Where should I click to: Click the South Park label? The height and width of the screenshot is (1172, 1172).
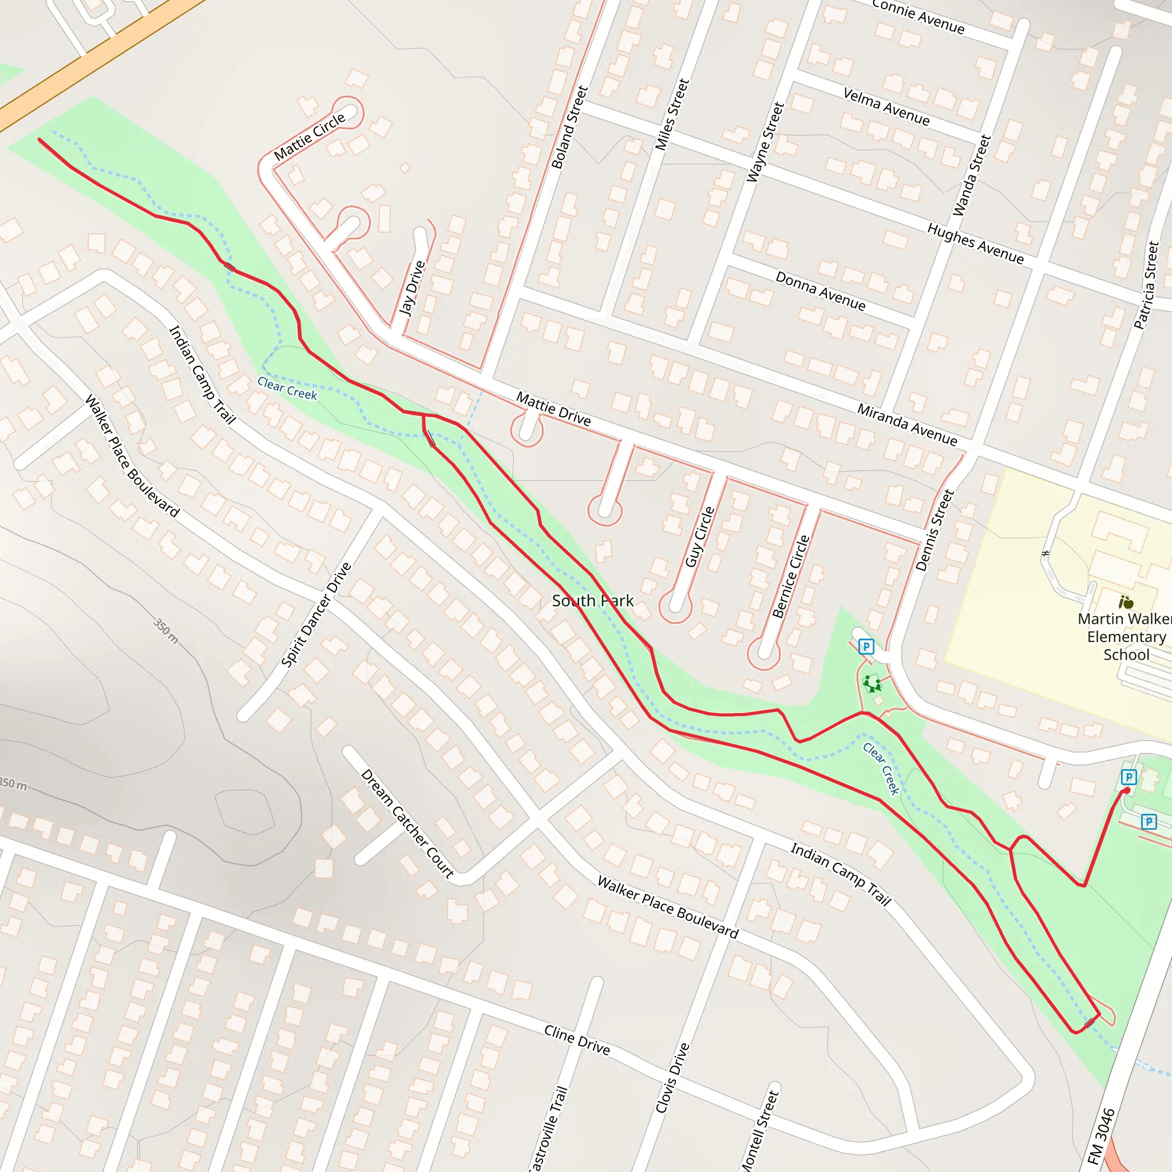[592, 600]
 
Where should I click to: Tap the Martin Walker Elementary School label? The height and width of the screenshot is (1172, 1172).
[1125, 636]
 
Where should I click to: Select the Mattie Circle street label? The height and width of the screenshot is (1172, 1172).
[310, 137]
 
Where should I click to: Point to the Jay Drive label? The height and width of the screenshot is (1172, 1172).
[412, 289]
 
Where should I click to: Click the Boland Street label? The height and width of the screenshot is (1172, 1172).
[569, 128]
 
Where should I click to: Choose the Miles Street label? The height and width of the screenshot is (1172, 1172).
[672, 114]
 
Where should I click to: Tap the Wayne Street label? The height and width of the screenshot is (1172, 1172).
[765, 142]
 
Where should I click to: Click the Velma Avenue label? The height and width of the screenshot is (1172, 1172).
[886, 106]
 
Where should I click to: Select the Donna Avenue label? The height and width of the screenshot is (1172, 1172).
[820, 291]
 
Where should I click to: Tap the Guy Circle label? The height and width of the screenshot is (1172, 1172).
[699, 537]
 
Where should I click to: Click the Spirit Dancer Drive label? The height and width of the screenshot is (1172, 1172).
[316, 615]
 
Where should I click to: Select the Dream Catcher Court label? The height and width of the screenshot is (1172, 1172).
[407, 824]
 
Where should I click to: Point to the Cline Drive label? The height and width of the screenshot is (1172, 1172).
[576, 1040]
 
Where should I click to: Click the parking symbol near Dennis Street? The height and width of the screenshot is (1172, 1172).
[866, 647]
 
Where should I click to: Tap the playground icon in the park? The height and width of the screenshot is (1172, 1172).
[872, 684]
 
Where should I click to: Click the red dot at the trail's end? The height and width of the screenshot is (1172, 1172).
[1127, 790]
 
